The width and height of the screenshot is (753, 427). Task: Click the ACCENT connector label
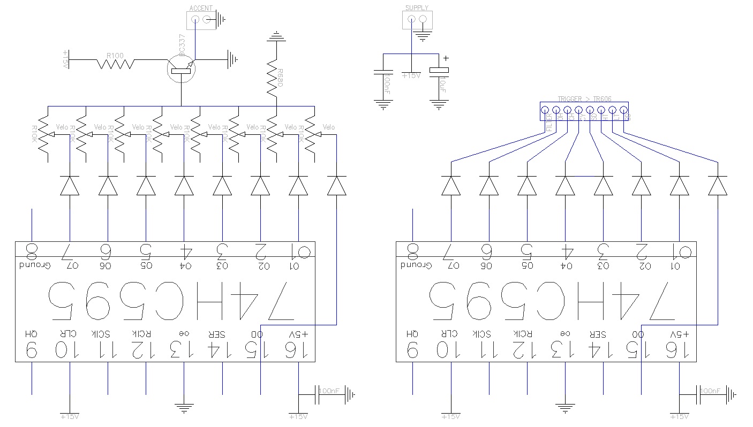[x=201, y=9]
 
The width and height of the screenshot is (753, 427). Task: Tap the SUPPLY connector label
[x=417, y=8]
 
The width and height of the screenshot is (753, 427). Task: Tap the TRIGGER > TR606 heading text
[x=584, y=99]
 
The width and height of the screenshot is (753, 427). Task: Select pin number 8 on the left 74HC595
[x=32, y=249]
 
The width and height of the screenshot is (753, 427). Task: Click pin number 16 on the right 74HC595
[x=679, y=350]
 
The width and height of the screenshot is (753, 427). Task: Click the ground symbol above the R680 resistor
[x=276, y=37]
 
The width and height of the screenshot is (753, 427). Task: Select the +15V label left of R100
[x=66, y=59]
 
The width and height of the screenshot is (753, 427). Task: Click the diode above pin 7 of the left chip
[x=70, y=185]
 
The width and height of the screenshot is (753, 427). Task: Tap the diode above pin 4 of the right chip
[x=565, y=185]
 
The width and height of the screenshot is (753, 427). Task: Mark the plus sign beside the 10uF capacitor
[x=445, y=59]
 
